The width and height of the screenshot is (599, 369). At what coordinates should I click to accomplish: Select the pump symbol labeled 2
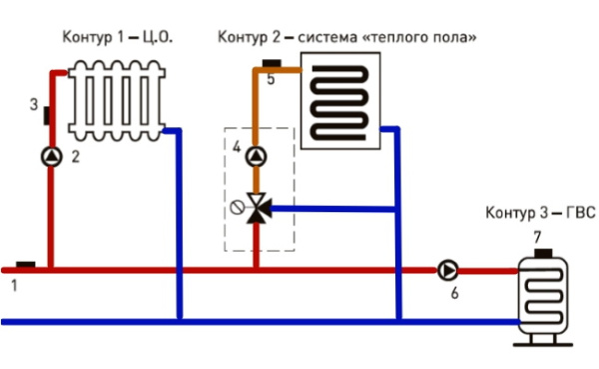pyautogui.click(x=52, y=155)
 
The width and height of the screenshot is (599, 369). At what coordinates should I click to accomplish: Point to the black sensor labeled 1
pyautogui.click(x=25, y=264)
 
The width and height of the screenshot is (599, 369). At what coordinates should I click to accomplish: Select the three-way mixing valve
pyautogui.click(x=257, y=208)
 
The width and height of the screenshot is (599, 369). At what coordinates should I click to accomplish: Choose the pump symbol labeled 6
pyautogui.click(x=447, y=269)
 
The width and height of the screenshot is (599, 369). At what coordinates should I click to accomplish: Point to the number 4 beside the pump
pyautogui.click(x=237, y=150)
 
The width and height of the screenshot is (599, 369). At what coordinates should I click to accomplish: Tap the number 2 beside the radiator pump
pyautogui.click(x=75, y=157)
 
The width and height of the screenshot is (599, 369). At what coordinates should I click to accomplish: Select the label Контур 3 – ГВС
pyautogui.click(x=532, y=214)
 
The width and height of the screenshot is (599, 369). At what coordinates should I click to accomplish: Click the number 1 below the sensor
pyautogui.click(x=14, y=287)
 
